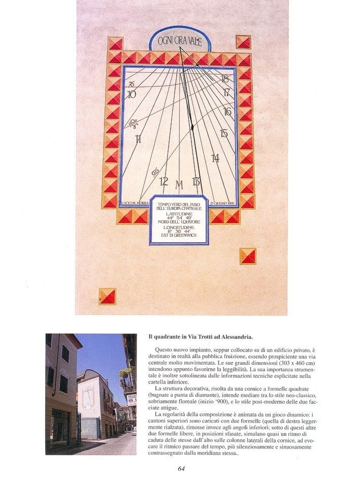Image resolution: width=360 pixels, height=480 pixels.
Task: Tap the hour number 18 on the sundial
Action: [224, 79]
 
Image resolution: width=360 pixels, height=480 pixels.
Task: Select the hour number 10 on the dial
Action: [132, 94]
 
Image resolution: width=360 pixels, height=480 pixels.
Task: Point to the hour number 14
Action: [215, 158]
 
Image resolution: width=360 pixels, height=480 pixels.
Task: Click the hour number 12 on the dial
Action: [163, 181]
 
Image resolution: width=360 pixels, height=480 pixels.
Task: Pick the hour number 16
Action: [227, 111]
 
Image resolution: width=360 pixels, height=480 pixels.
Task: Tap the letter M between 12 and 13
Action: [179, 185]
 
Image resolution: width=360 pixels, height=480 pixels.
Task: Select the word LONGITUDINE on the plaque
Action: [179, 228]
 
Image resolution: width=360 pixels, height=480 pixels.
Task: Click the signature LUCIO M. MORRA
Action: [136, 203]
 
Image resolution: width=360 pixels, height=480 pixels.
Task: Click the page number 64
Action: [181, 468]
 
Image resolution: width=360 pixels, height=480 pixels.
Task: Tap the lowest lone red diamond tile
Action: [107, 296]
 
